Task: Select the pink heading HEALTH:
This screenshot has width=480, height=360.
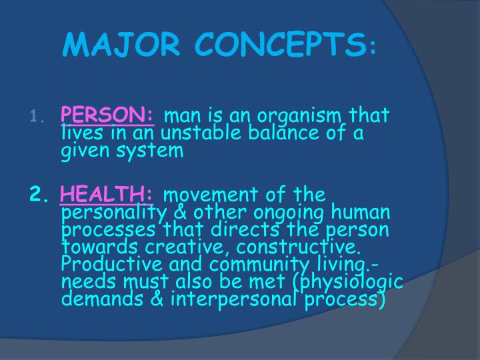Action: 107,195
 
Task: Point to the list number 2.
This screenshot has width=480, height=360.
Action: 39,195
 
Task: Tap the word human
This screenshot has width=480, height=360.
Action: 361,213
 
